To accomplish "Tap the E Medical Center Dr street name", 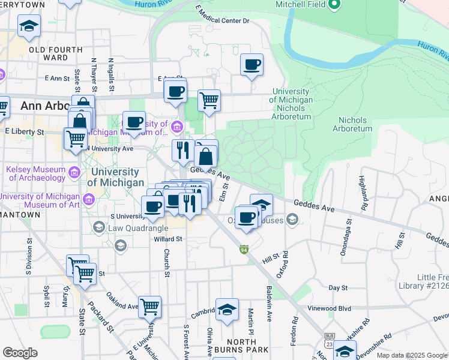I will [222, 17].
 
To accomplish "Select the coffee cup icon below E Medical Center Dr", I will [252, 64].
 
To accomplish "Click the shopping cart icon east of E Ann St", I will [208, 100].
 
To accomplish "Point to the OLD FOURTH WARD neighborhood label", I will [52, 53].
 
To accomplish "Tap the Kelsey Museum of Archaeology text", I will [35, 173].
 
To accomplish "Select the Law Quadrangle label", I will [132, 228].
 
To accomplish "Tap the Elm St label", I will [223, 192].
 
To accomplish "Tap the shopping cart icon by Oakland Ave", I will [149, 307].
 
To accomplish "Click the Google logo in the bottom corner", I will [20, 353].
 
